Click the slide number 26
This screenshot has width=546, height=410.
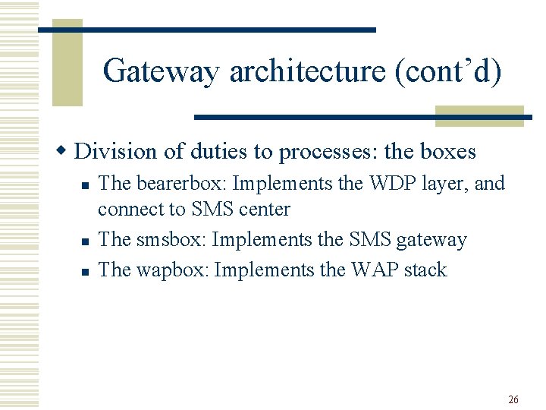click(x=513, y=399)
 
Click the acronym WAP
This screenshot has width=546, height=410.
click(x=374, y=270)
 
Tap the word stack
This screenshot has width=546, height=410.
click(x=425, y=270)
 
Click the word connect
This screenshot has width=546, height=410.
click(x=126, y=209)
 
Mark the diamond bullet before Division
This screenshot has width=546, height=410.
click(x=65, y=151)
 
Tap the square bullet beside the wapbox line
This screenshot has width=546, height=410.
click(x=86, y=271)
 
